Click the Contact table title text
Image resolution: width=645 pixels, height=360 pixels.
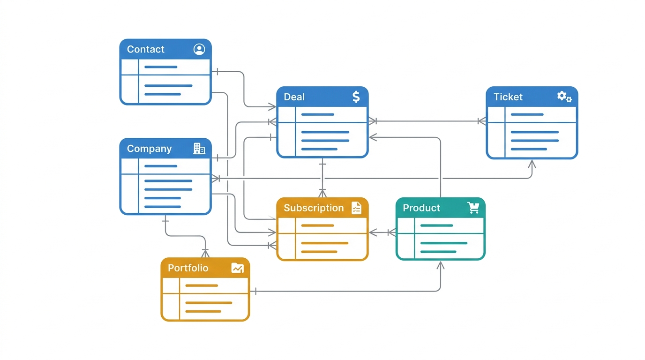coord(145,49)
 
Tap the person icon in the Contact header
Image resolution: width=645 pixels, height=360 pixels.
coord(199,49)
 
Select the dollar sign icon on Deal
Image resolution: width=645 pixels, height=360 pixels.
coord(356,97)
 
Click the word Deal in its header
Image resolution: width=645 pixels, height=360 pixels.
coord(294,97)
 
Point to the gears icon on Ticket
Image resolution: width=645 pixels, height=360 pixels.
coord(564,97)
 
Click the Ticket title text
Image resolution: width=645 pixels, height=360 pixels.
coord(508,97)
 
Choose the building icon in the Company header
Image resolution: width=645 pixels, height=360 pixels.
coord(199,149)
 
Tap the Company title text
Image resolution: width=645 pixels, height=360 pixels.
coord(149,149)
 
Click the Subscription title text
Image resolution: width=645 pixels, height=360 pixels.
coord(314,208)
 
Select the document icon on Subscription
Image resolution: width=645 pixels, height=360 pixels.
coord(356,208)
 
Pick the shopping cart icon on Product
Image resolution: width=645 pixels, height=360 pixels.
coord(473,208)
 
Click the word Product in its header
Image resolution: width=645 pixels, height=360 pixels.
coord(421,208)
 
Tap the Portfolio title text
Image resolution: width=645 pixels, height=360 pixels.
coord(188,268)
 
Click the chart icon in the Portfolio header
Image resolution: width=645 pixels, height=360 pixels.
coord(238,268)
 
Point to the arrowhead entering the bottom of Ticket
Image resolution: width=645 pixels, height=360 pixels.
coord(532,164)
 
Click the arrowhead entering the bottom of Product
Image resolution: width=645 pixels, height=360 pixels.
coord(440,265)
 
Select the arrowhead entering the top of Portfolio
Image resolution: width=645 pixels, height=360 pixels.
coord(205,253)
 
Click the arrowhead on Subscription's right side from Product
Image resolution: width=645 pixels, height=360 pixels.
coord(373,232)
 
